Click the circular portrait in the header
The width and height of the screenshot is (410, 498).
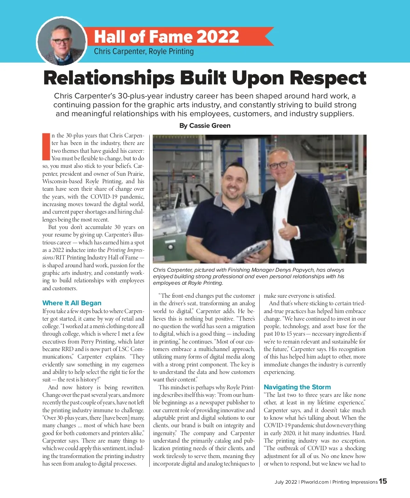coord(61,42)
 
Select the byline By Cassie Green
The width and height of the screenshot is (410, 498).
coord(205,125)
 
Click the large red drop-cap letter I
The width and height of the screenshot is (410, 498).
coord(46,146)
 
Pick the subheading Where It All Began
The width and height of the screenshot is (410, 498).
coord(72,303)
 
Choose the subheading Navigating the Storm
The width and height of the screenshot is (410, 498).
coord(297,387)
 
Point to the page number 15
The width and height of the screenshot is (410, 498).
coord(383,481)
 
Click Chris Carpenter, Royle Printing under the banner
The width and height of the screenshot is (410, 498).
coord(143,52)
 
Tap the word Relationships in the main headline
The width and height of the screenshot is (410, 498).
coord(109,78)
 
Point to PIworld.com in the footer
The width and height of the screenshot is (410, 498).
coord(314,482)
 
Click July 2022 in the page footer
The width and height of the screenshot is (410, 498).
coord(286,482)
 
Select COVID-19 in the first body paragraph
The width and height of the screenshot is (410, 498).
coord(106,197)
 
